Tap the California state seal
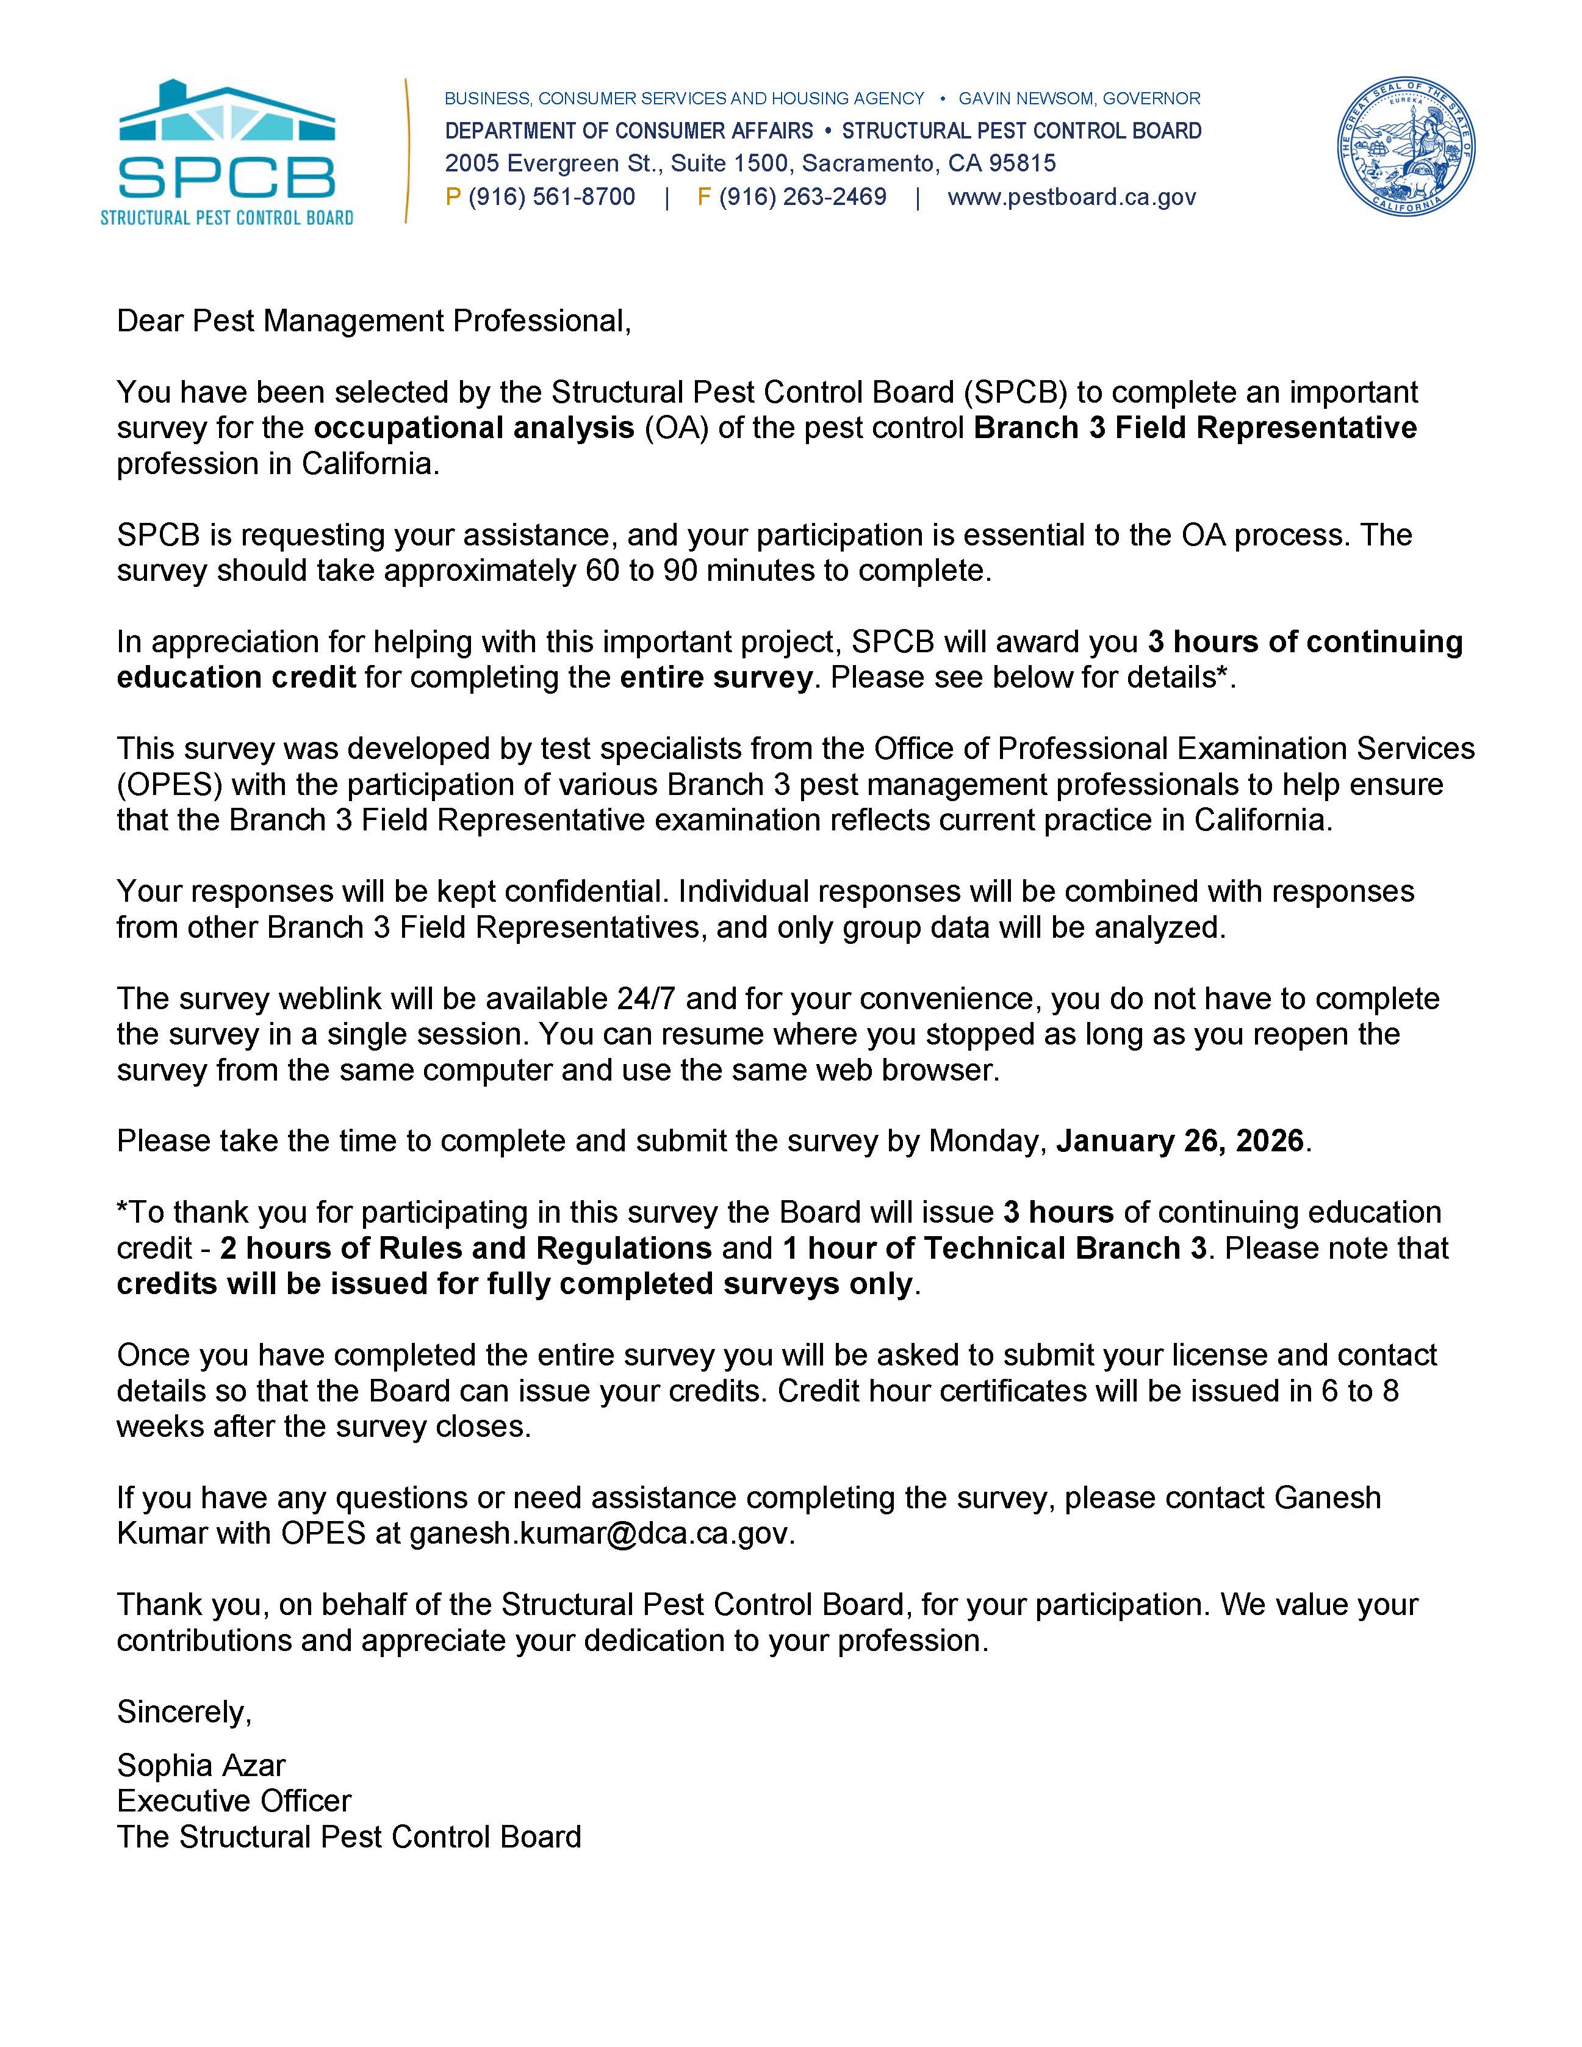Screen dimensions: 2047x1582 pyautogui.click(x=1405, y=147)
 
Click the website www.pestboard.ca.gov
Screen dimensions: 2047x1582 pyautogui.click(x=1071, y=197)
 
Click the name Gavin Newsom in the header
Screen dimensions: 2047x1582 pyautogui.click(x=1026, y=98)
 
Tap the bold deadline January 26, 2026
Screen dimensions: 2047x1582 pyautogui.click(x=1180, y=1141)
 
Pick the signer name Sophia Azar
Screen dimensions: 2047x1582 pyautogui.click(x=201, y=1765)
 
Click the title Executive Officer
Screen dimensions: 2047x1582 pyautogui.click(x=234, y=1801)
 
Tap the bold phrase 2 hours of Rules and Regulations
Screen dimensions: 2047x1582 pyautogui.click(x=466, y=1248)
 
